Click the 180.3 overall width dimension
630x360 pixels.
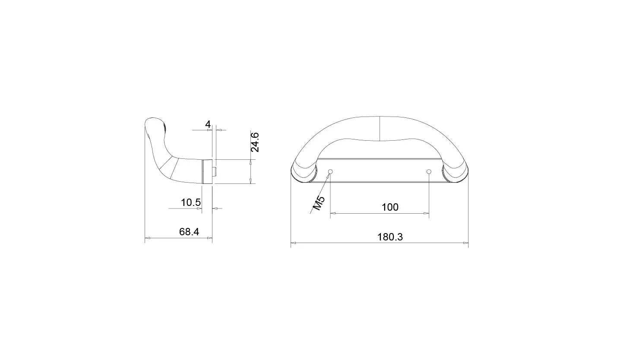[x=390, y=237]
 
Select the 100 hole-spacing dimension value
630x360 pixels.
[x=390, y=207]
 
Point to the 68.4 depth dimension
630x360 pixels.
[x=189, y=232]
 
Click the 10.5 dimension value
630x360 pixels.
[x=191, y=202]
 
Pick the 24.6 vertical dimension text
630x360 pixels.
[x=255, y=142]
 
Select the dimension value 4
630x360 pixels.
[x=208, y=124]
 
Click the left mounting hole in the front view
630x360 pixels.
[x=330, y=171]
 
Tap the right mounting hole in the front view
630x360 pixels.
[x=429, y=171]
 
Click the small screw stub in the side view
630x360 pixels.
[x=214, y=171]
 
